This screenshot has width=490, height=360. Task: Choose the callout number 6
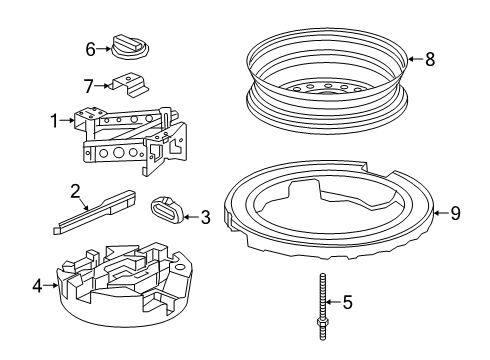pos(89,47)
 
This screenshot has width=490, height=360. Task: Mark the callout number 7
pos(88,86)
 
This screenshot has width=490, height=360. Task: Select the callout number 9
pos(454,212)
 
